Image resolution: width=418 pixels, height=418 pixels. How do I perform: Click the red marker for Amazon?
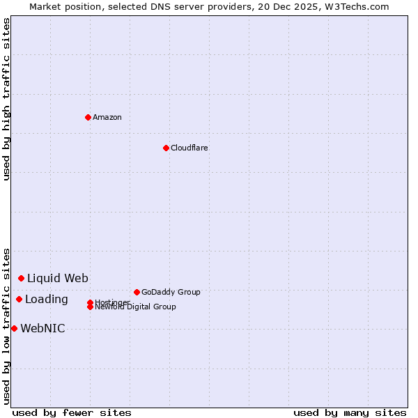point(88,117)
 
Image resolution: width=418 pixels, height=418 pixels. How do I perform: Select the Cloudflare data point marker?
point(166,148)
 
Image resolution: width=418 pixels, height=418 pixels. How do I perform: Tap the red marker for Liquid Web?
point(21,278)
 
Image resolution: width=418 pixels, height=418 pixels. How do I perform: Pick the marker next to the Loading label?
point(19,299)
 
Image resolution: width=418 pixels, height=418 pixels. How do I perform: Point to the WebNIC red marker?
point(14,328)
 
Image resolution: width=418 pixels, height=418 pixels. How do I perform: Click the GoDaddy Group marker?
point(137,292)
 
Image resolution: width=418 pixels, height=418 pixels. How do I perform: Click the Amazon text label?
point(107,117)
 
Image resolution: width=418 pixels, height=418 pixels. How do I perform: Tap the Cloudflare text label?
point(189,148)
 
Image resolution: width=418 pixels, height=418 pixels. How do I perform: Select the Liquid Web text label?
point(58,279)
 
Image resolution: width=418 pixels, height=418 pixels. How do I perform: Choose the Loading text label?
point(47,300)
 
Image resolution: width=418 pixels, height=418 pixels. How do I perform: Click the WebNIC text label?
point(42,329)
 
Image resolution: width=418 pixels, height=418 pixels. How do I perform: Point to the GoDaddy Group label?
point(171,292)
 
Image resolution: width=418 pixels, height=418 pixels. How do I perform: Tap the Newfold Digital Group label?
point(135,307)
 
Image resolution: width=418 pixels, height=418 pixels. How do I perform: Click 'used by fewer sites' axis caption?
point(72,412)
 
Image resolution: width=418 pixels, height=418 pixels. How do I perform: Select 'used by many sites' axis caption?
point(350,412)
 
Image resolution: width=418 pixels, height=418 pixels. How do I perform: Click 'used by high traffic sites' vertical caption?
point(6,99)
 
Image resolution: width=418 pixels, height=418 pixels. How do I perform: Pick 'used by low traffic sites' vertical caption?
point(6,325)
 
